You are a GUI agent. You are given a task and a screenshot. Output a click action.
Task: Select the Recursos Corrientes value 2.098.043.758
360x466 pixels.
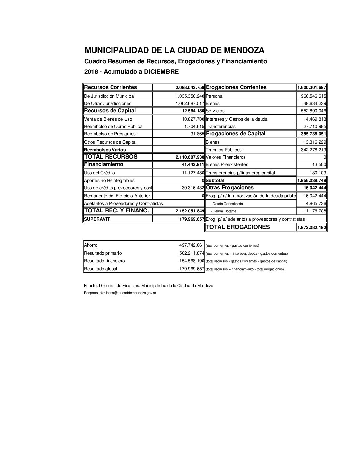(190, 88)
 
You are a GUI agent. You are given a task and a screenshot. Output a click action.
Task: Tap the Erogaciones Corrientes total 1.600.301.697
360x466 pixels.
(312, 88)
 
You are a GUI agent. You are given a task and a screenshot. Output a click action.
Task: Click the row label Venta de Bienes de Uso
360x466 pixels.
(108, 119)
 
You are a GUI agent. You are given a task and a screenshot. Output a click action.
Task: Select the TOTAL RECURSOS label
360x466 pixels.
(111, 157)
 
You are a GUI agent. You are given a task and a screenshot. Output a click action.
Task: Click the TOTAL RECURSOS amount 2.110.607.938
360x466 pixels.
(190, 157)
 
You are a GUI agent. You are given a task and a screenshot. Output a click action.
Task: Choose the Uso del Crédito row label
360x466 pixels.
(100, 173)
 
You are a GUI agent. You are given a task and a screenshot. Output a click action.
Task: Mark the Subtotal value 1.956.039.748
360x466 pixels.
(312, 181)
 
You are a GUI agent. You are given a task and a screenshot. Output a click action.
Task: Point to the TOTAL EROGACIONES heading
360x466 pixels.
(238, 227)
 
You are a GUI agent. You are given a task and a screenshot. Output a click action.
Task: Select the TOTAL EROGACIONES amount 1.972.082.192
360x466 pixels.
(312, 228)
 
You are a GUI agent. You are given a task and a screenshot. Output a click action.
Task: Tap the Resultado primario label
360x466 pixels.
(103, 253)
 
